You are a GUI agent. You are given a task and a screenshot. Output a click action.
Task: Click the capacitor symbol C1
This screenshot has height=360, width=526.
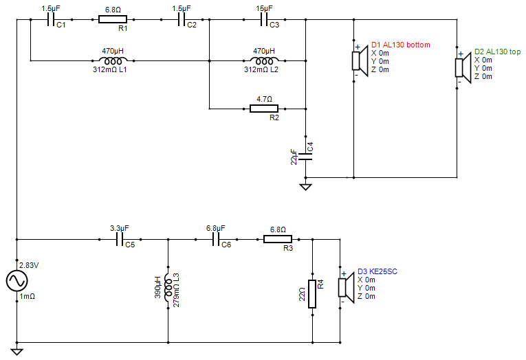pos(51,19)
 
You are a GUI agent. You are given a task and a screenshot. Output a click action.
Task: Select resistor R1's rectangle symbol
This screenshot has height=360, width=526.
pos(113,19)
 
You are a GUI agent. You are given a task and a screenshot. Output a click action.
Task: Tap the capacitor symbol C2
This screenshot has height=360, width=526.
pos(182,19)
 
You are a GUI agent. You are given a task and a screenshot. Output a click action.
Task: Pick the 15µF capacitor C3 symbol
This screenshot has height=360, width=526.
pos(264,19)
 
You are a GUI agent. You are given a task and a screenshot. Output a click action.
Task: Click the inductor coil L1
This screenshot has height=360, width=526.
pos(113,60)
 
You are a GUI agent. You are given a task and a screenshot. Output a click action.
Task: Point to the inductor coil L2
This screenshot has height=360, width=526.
pos(264,60)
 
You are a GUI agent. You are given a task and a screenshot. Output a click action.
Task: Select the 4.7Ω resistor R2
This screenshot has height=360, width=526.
pos(264,109)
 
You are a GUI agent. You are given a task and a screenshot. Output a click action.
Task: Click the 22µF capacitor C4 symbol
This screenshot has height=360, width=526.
pos(305,157)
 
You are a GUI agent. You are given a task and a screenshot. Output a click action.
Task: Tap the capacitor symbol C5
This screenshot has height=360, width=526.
pos(120,239)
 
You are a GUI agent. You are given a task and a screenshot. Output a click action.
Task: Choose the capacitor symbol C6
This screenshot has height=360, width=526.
pos(216,239)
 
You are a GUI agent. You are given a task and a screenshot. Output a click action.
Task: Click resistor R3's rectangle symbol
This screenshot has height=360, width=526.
pos(278,239)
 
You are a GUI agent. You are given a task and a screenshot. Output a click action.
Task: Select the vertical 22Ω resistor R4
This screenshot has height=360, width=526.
pos(312,294)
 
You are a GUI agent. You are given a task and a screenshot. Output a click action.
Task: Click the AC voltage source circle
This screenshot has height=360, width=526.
pos(17,280)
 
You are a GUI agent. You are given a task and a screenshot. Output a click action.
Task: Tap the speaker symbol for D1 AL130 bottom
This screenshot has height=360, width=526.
pos(360,61)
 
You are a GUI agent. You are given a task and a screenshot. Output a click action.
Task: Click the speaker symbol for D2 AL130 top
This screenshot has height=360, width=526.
pos(463,67)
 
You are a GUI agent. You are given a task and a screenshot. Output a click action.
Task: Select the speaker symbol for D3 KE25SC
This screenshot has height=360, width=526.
pos(346,287)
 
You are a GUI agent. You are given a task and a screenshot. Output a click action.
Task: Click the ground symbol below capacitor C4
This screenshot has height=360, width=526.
pos(305,187)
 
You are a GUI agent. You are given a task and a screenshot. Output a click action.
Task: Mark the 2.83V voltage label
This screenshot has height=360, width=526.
pos(29,265)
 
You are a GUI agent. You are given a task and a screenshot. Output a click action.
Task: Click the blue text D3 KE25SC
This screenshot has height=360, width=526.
pos(377,271)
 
